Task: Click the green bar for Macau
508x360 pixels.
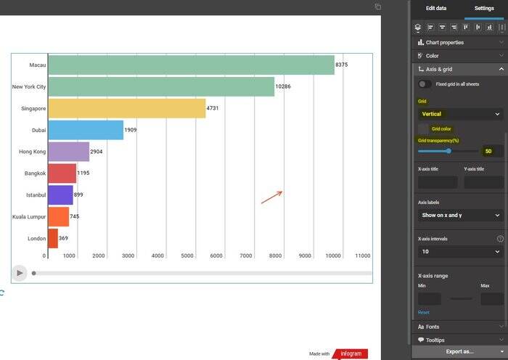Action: coord(191,65)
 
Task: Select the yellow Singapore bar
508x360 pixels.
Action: coord(127,108)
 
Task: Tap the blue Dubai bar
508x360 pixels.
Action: coord(86,130)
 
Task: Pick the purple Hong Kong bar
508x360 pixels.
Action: coord(69,152)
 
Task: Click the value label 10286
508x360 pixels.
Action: coord(283,87)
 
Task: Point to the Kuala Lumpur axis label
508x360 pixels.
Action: coord(29,216)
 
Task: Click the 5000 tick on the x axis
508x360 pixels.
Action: coord(187,255)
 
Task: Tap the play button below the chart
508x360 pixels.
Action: coord(20,273)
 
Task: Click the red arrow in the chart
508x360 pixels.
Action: coord(271,197)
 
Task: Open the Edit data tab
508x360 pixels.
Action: coord(436,8)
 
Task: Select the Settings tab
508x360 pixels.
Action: coord(484,8)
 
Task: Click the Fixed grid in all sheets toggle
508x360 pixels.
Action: coord(425,84)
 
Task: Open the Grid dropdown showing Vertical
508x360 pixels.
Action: coord(460,114)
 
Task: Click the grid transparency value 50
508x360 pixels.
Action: coord(488,151)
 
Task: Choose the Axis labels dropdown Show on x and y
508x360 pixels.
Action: coord(460,216)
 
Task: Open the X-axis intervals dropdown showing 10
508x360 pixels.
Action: coord(460,252)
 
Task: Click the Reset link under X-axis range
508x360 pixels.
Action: coord(423,312)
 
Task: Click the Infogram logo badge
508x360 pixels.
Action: coord(354,353)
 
